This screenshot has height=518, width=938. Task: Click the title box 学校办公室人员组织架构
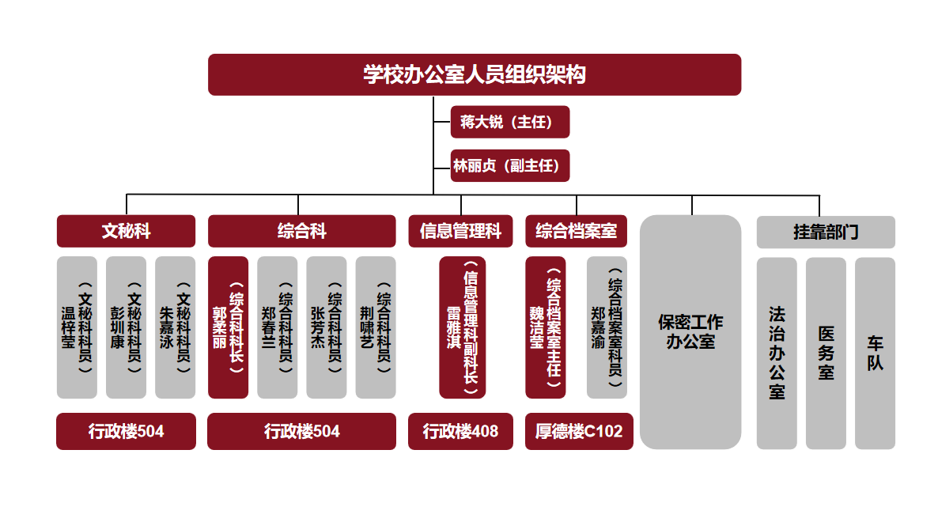point(474,74)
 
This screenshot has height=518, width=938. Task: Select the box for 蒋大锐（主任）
point(509,122)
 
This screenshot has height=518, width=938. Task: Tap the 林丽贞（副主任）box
point(509,166)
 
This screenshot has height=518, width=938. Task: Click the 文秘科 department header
point(126,231)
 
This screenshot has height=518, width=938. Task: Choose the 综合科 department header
point(301,231)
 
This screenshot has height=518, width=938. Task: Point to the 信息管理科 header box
point(460,231)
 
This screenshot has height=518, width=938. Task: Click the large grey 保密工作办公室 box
point(690,332)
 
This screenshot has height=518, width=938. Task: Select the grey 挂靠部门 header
point(826,232)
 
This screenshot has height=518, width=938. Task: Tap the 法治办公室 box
point(777,353)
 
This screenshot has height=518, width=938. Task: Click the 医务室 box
point(826,353)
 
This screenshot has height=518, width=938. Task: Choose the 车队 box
point(875,353)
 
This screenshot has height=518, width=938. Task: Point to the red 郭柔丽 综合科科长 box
point(228,327)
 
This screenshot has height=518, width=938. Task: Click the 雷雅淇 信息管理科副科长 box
point(463,327)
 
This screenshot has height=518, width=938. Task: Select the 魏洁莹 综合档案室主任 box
point(546,327)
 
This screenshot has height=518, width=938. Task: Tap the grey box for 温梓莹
point(77,327)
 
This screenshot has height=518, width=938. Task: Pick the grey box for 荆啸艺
point(376,327)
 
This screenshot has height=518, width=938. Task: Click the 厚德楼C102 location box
point(579,432)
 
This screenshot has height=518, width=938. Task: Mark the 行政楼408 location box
point(460,432)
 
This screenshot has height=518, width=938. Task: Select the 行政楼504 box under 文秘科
point(126,432)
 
